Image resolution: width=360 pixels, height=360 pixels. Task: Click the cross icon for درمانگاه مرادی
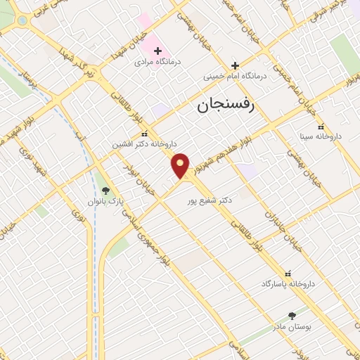(x=157, y=51)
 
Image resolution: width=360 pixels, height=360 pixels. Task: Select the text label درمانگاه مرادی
(x=157, y=63)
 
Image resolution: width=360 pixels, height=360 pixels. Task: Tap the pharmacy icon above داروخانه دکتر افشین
(x=144, y=134)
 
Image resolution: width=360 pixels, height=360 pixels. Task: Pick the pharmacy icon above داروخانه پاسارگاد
(x=287, y=273)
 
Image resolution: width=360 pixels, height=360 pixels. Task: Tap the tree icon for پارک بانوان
(x=105, y=190)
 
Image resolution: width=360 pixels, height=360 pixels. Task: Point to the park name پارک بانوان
(x=105, y=201)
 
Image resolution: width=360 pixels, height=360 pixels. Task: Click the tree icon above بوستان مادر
(x=292, y=316)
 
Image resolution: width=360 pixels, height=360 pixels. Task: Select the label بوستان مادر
(x=291, y=328)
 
